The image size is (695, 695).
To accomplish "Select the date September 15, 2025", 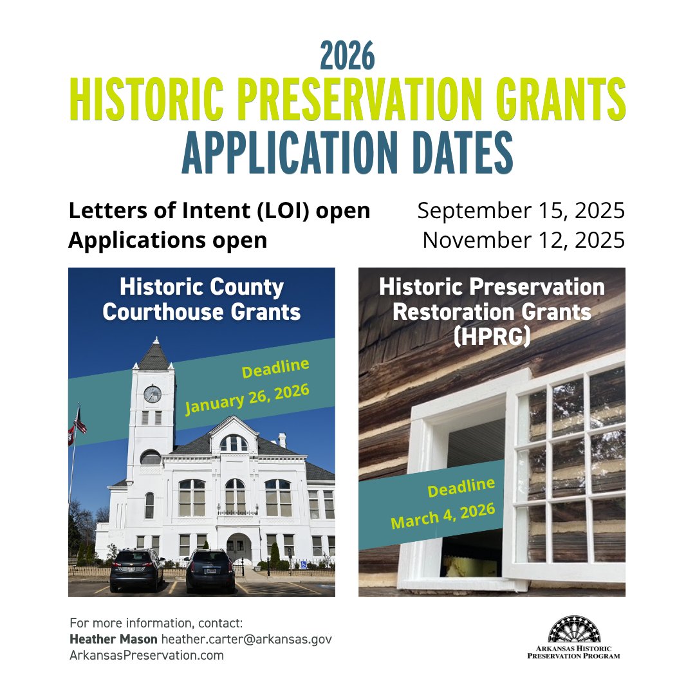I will point(521,211).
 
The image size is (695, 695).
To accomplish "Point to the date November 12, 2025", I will point(524,240).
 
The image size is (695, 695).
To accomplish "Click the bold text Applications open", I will point(167,240).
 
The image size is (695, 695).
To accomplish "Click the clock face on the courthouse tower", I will point(153,394).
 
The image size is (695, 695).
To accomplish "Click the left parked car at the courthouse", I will point(136,569).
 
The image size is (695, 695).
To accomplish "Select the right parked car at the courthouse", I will point(210,570).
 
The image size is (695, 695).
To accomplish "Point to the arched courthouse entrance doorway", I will point(238,546).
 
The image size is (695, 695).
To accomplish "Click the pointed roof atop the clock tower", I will point(153,354).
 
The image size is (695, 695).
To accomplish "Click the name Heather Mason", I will point(113,639).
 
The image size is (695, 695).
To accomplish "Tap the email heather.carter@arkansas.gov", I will point(246,639).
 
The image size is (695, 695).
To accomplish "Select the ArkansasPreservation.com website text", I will point(147,655).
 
